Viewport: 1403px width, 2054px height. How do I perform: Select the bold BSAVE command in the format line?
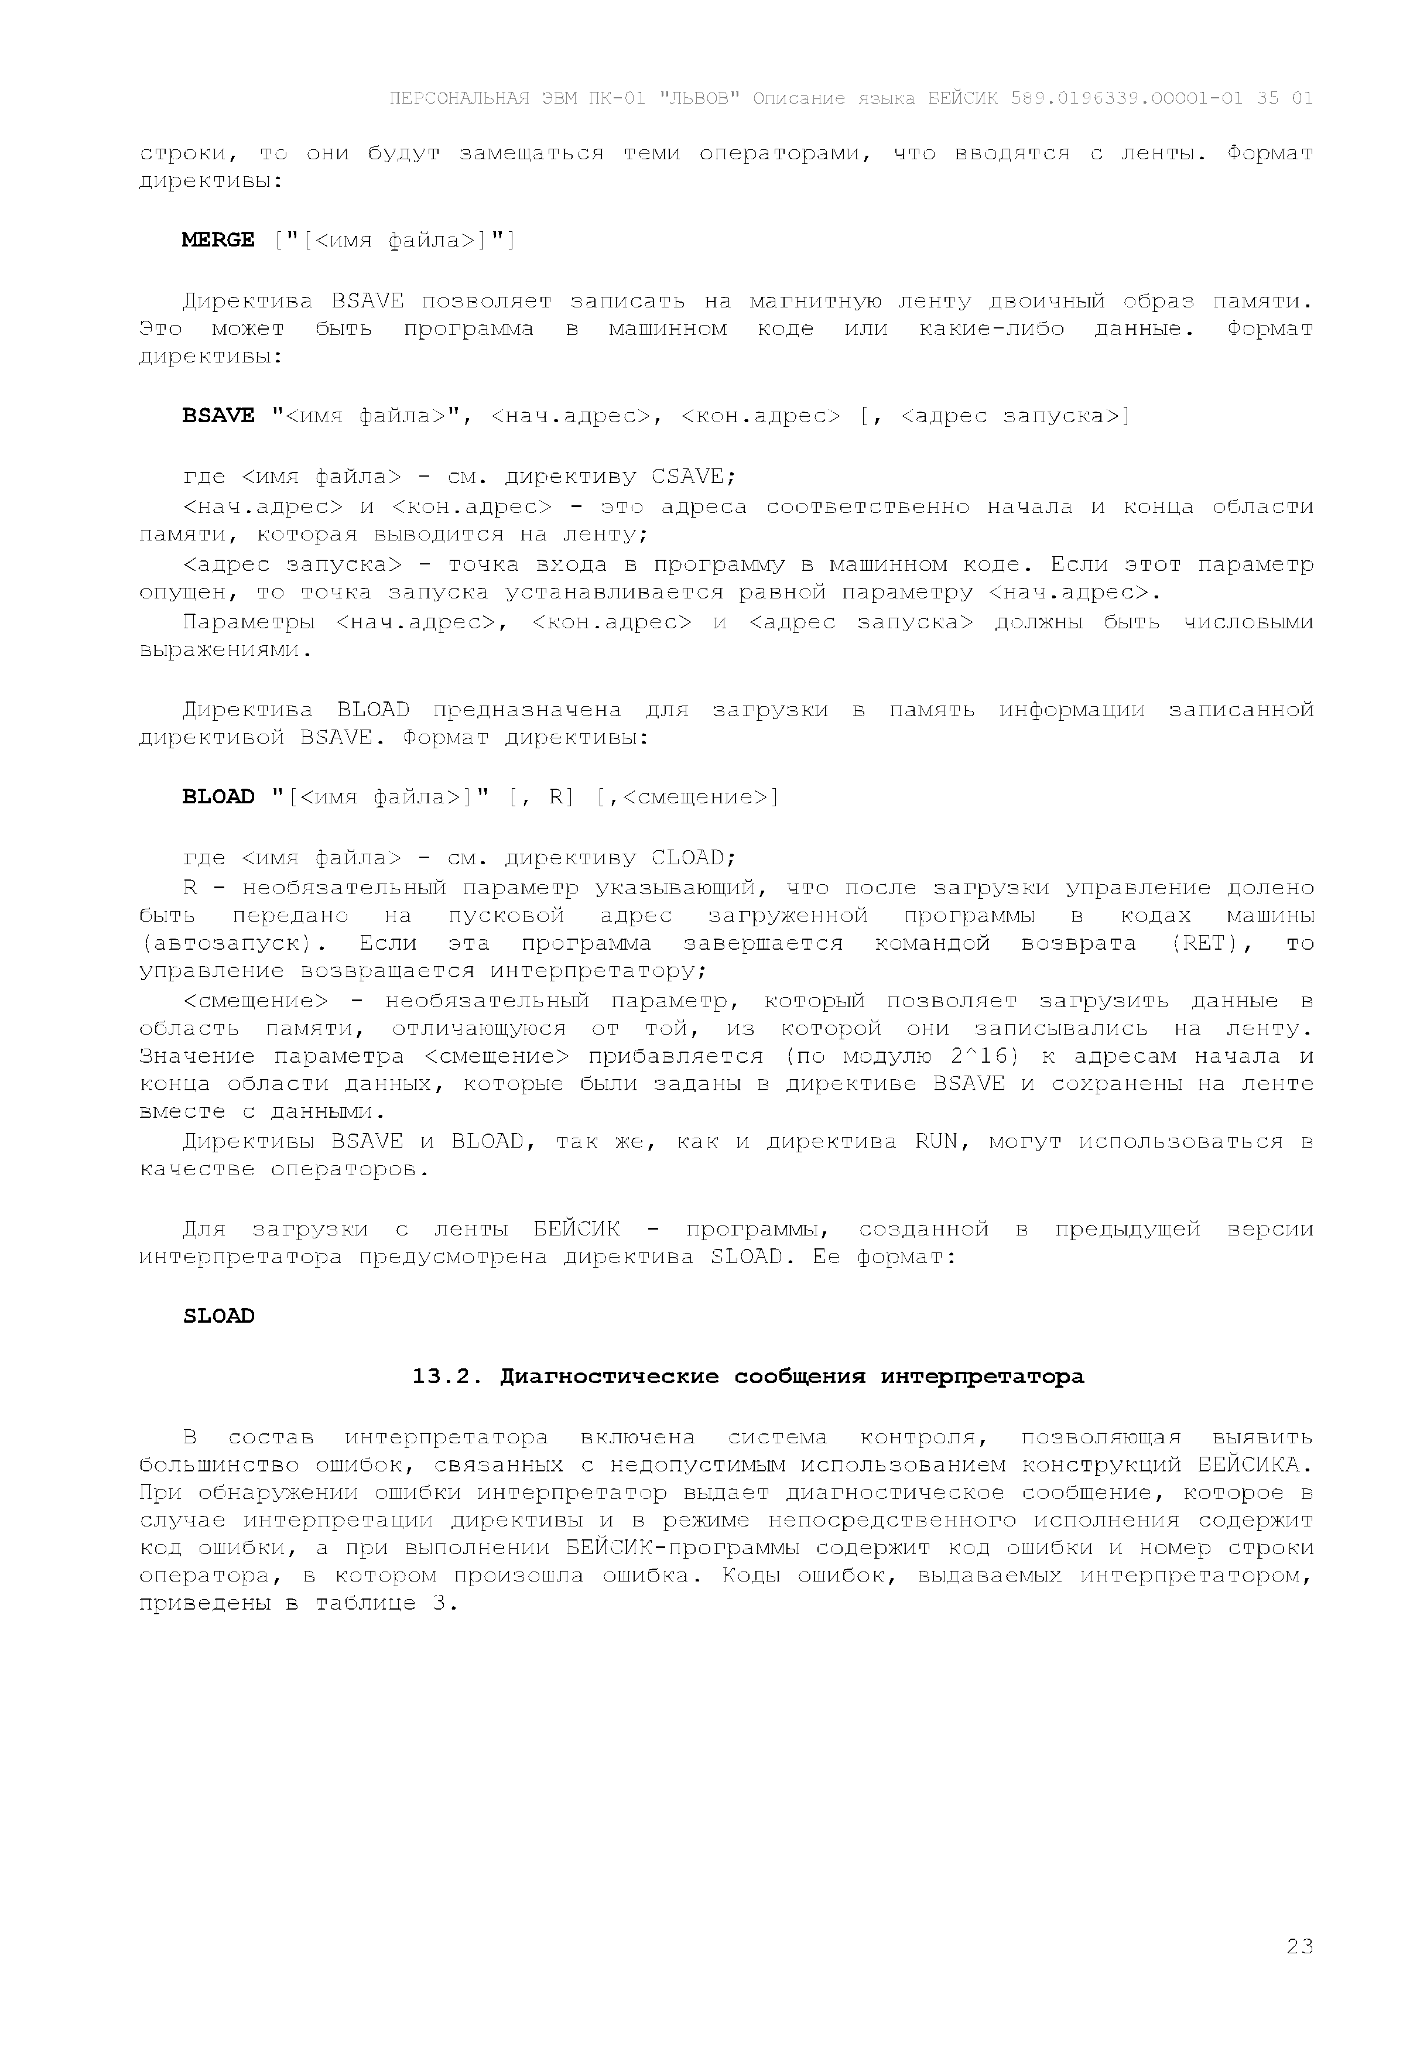(217, 415)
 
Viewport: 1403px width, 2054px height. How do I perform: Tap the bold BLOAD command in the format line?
(217, 796)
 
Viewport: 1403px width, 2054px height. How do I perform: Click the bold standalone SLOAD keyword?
(217, 1316)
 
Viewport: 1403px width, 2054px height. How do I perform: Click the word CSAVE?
(693, 477)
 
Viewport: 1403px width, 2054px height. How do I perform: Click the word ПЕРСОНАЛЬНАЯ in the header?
(459, 98)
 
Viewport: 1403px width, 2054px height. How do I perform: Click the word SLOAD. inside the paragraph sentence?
(747, 1256)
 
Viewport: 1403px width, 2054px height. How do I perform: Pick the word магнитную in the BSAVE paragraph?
(815, 302)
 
